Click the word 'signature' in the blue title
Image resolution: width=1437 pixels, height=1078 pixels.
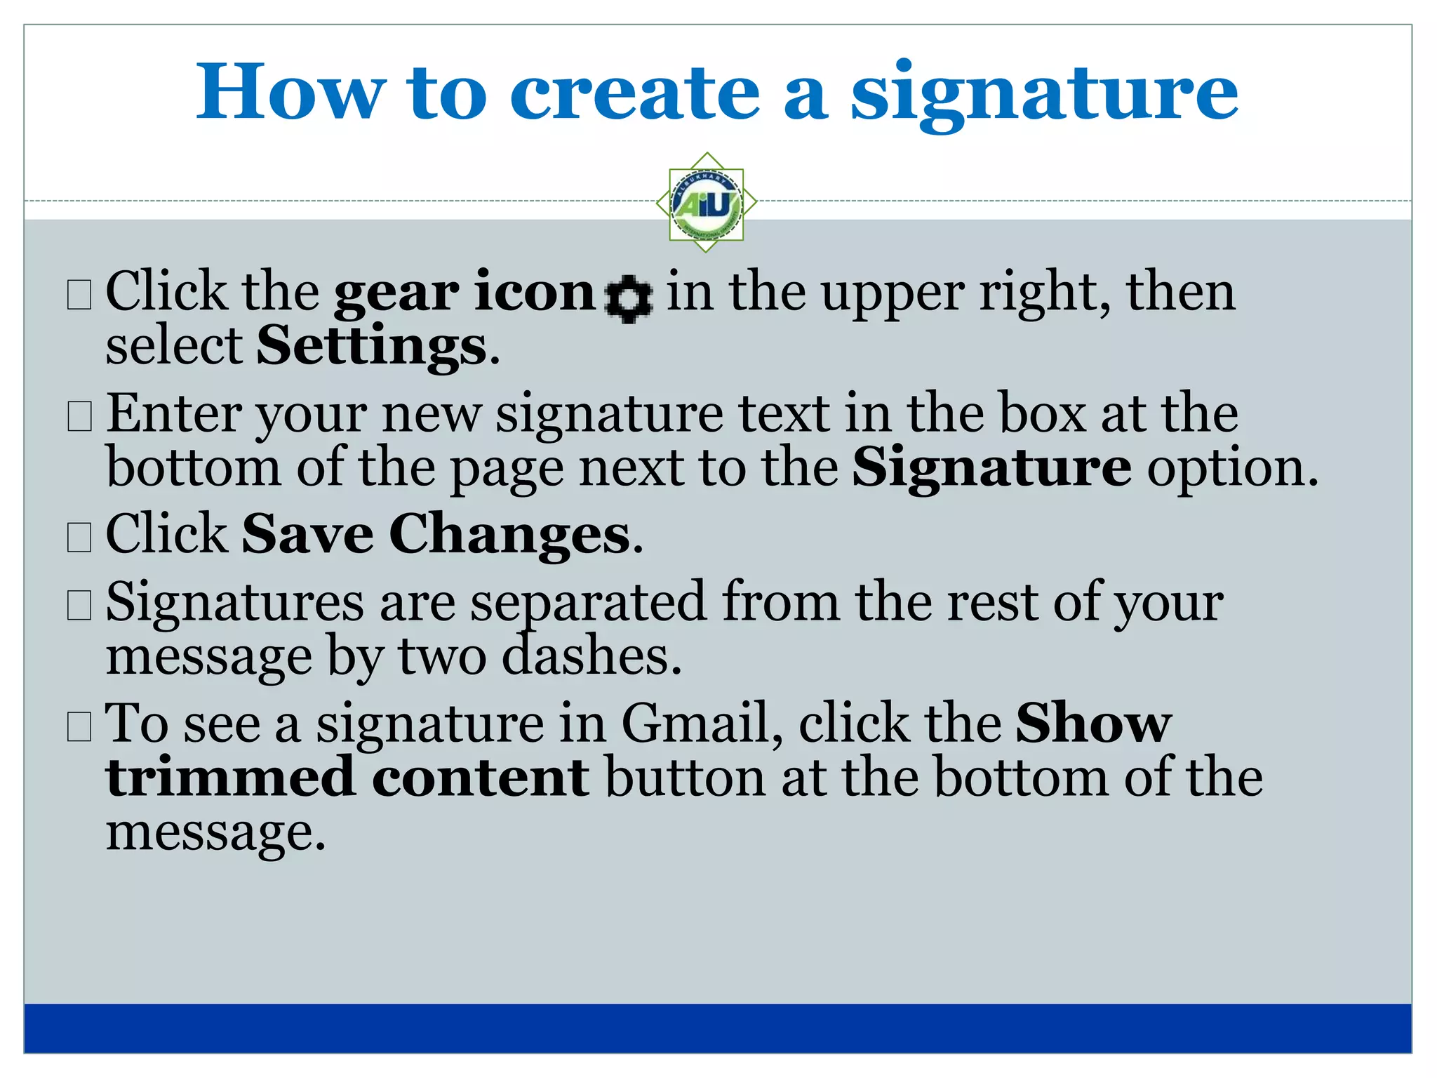point(1045,95)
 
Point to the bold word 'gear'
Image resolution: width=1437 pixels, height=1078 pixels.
point(396,293)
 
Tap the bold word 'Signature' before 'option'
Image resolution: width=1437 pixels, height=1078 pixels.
point(991,467)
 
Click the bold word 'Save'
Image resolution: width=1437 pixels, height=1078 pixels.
point(307,534)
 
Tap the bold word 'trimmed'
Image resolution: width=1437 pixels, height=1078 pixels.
point(231,778)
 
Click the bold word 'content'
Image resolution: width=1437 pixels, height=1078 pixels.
point(481,778)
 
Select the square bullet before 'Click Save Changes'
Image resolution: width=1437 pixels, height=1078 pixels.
point(79,538)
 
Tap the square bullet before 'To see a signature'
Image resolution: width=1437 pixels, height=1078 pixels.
point(79,727)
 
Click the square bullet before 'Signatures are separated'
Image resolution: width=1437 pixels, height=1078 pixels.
point(79,605)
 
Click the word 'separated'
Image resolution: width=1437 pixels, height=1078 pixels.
point(588,604)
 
